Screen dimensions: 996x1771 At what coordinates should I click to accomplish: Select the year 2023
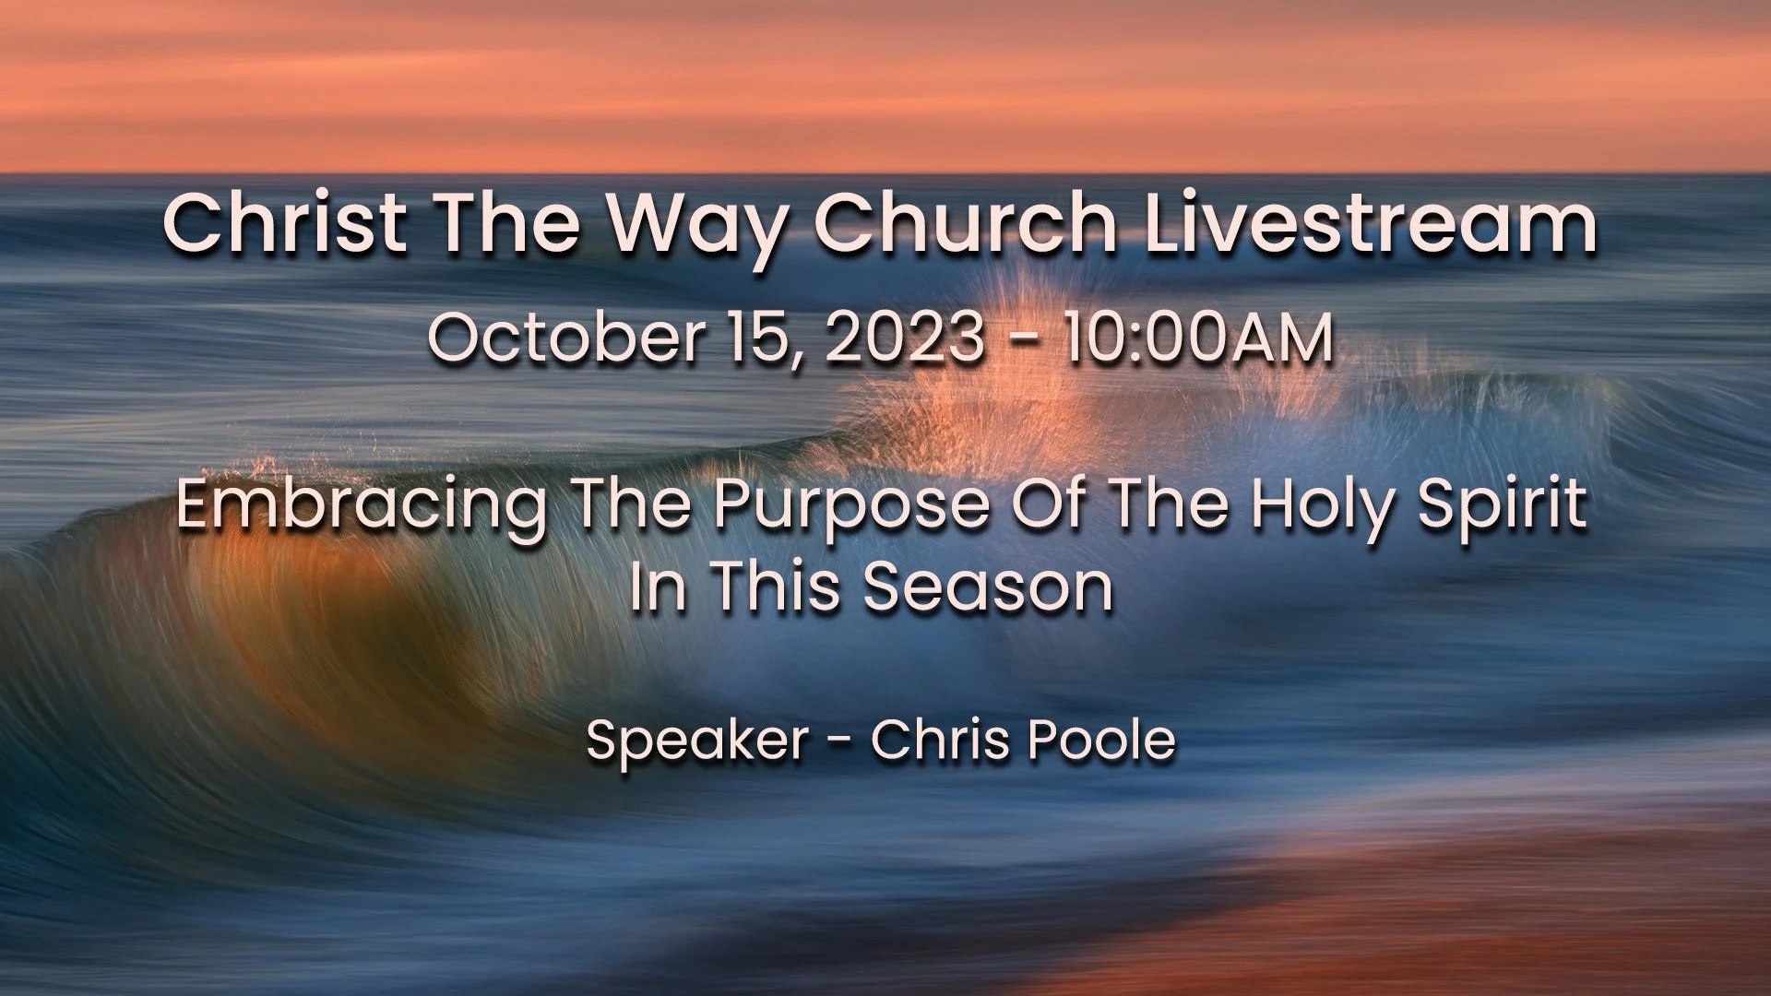pyautogui.click(x=904, y=338)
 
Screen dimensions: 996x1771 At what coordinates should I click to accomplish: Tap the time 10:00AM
pyautogui.click(x=1197, y=338)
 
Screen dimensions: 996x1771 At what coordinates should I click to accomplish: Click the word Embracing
pyautogui.click(x=362, y=505)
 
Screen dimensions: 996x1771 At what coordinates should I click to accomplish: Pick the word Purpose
pyautogui.click(x=850, y=505)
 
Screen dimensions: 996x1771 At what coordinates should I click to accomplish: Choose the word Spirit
pyautogui.click(x=1502, y=505)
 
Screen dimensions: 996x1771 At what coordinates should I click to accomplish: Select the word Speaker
pyautogui.click(x=697, y=741)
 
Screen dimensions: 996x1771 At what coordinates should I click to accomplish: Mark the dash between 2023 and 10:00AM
pyautogui.click(x=1023, y=339)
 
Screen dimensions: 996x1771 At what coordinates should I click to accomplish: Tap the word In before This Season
pyautogui.click(x=658, y=587)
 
